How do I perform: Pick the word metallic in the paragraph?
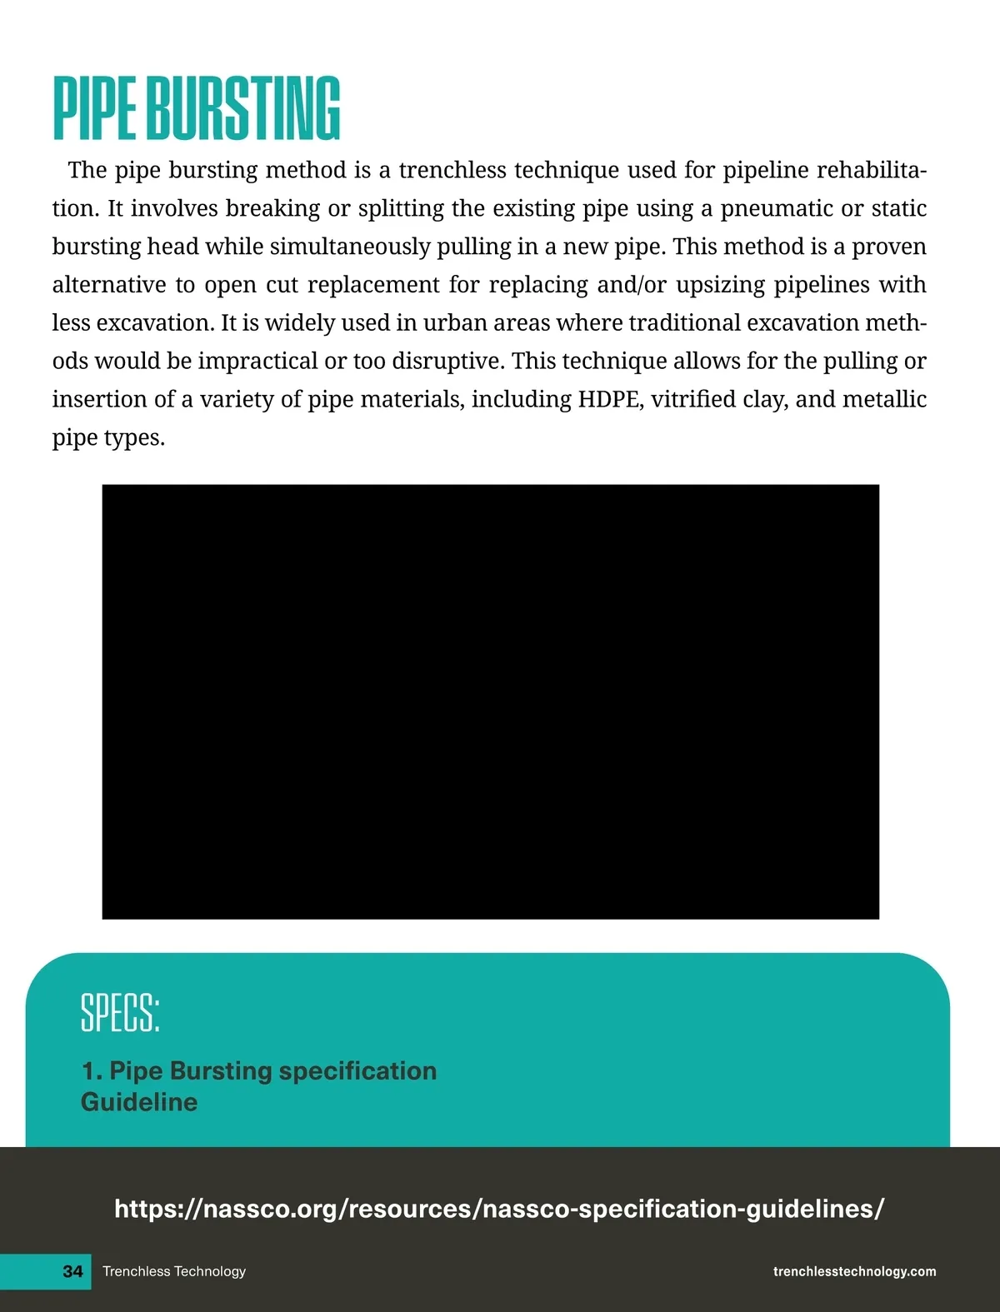884,399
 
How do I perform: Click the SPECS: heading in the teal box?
120,1012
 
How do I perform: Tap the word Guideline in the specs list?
139,1102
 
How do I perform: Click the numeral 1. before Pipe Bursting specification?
92,1070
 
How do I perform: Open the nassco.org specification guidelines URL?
499,1208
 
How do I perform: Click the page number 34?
72,1271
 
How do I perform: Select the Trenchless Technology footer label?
174,1271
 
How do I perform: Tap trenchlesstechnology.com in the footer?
854,1271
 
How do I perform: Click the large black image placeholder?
490,701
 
